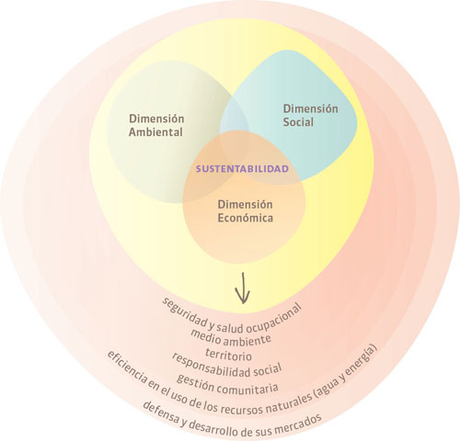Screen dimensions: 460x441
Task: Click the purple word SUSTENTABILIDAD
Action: coord(242,169)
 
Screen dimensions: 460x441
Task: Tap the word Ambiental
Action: coord(155,132)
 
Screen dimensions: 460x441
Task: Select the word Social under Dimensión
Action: coord(298,122)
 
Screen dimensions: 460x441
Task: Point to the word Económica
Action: coord(245,218)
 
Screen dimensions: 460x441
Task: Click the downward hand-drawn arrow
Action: coord(243,288)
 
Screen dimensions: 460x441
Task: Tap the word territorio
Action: coord(229,355)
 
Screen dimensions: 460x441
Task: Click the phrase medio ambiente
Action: coord(231,338)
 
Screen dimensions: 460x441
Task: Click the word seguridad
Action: coord(184,311)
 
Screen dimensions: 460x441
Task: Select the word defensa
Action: coord(160,413)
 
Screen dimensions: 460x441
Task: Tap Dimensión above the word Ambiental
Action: coord(156,119)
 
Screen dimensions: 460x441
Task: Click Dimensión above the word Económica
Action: coord(245,204)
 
